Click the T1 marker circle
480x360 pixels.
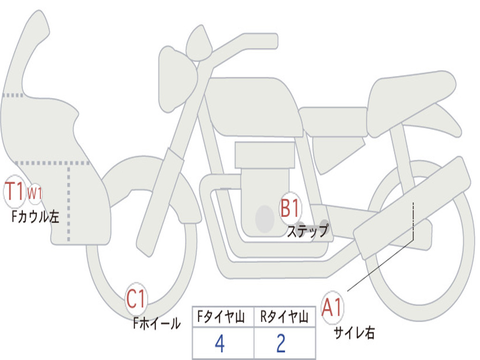pyautogui.click(x=14, y=192)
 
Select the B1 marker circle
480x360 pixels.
pyautogui.click(x=290, y=208)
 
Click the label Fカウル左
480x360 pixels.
pyautogui.click(x=35, y=217)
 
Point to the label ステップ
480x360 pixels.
pyautogui.click(x=307, y=231)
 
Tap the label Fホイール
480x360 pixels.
pyautogui.click(x=157, y=323)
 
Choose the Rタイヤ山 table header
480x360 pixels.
pyautogui.click(x=285, y=318)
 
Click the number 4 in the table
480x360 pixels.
pyautogui.click(x=219, y=344)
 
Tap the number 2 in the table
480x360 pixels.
pyautogui.click(x=281, y=344)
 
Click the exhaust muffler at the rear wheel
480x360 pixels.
pyautogui.click(x=412, y=206)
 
